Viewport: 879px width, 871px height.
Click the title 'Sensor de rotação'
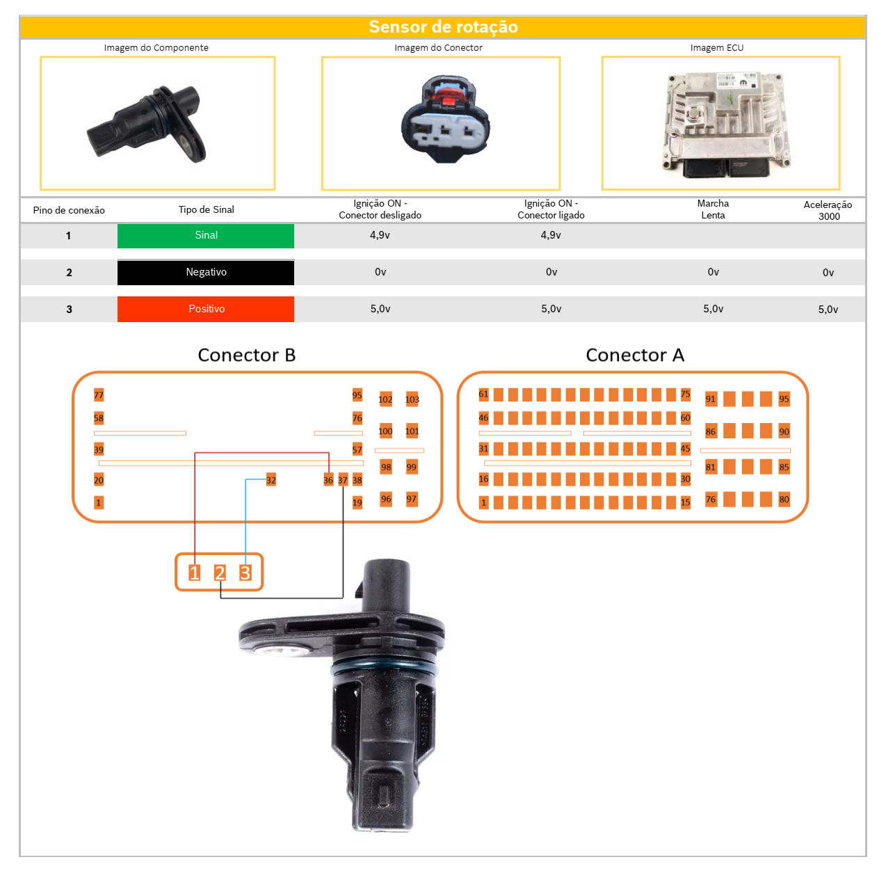coord(442,26)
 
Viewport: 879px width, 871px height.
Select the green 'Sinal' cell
coord(205,235)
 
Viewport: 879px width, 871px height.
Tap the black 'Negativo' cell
coord(205,272)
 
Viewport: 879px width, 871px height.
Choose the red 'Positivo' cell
coord(205,309)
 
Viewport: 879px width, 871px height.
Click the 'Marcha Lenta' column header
coord(712,209)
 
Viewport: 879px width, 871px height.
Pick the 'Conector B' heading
coord(246,355)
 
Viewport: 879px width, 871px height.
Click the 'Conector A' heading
coord(634,355)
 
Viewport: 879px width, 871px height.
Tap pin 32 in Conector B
coord(271,479)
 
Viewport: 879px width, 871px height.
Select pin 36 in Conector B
coord(328,479)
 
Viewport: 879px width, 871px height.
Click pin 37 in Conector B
coord(342,479)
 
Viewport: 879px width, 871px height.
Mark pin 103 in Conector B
coord(412,399)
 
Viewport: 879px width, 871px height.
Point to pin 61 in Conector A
coord(483,393)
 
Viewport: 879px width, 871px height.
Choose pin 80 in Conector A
coord(783,499)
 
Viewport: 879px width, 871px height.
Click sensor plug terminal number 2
coord(220,572)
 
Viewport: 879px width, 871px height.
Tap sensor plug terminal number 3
coord(245,572)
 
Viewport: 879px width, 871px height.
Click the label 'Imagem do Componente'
coord(156,47)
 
